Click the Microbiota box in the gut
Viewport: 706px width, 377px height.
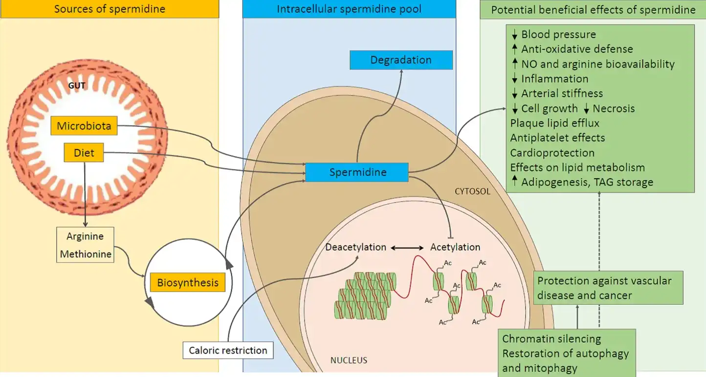pos(84,126)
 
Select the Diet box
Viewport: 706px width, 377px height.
pos(84,153)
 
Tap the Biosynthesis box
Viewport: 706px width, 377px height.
pos(188,283)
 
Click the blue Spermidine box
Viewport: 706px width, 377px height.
pos(357,172)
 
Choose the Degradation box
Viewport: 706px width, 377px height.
pos(401,60)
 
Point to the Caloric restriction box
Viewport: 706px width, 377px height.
pos(228,350)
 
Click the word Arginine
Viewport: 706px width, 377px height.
pos(85,236)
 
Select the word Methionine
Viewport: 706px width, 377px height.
pos(85,254)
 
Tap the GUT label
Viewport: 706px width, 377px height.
pos(77,86)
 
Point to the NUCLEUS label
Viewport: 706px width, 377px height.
pos(349,360)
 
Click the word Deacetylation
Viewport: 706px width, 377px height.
pos(356,247)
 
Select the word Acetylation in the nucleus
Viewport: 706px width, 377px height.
pos(455,247)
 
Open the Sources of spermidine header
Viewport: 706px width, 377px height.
pos(110,9)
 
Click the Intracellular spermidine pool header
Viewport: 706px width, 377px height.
pos(349,9)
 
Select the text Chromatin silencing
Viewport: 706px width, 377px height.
pos(552,339)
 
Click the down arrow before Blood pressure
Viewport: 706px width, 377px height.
pos(514,35)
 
